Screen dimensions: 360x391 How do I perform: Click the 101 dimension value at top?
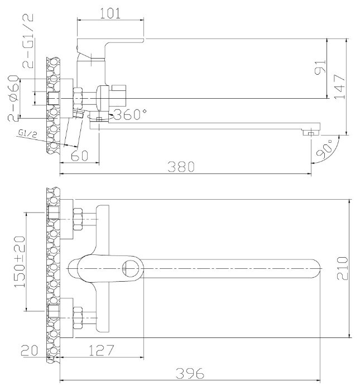[x=110, y=13]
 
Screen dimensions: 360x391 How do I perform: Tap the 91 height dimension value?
[x=320, y=67]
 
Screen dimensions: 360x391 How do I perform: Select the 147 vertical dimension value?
[x=340, y=86]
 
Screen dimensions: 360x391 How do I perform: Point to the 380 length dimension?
[x=181, y=167]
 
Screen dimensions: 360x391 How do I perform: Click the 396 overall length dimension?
[x=190, y=373]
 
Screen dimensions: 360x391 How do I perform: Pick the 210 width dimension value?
[x=342, y=268]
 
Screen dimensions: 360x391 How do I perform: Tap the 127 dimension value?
[x=102, y=350]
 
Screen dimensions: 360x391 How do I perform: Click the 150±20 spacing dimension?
[x=20, y=262]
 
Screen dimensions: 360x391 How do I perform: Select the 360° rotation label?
[x=130, y=114]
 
